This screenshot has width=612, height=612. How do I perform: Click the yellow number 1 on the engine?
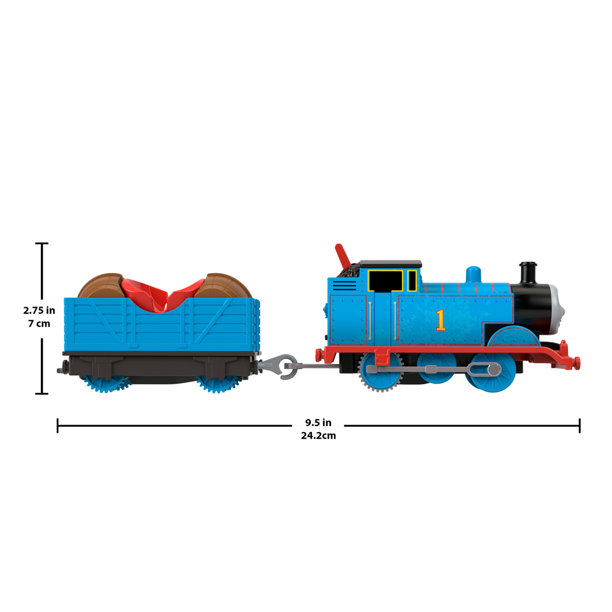coord(441,320)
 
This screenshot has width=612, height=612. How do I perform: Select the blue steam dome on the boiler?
coord(474,274)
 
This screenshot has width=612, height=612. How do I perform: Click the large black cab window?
coord(386,281)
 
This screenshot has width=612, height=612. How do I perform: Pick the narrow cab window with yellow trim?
coord(412,281)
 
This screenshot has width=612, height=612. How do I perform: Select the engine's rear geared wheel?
coord(380,371)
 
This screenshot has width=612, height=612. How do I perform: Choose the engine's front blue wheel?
coord(493,371)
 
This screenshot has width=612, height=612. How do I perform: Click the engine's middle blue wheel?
coord(436,368)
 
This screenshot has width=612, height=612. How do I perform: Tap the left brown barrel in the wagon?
coord(102,286)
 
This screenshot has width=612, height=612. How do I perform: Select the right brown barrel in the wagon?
coord(223,286)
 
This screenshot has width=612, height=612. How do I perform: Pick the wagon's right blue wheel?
coord(217,384)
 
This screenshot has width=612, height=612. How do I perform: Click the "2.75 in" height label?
coord(39,310)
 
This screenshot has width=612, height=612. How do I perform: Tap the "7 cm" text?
coord(39,324)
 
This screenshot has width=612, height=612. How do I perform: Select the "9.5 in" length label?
coord(318,423)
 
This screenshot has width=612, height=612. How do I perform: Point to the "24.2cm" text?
coord(318,436)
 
